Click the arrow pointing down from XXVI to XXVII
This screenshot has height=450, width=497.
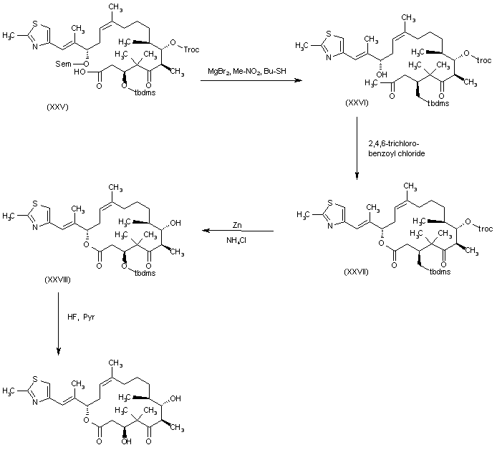pos(355,150)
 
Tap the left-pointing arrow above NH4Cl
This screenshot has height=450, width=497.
pos(236,231)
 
